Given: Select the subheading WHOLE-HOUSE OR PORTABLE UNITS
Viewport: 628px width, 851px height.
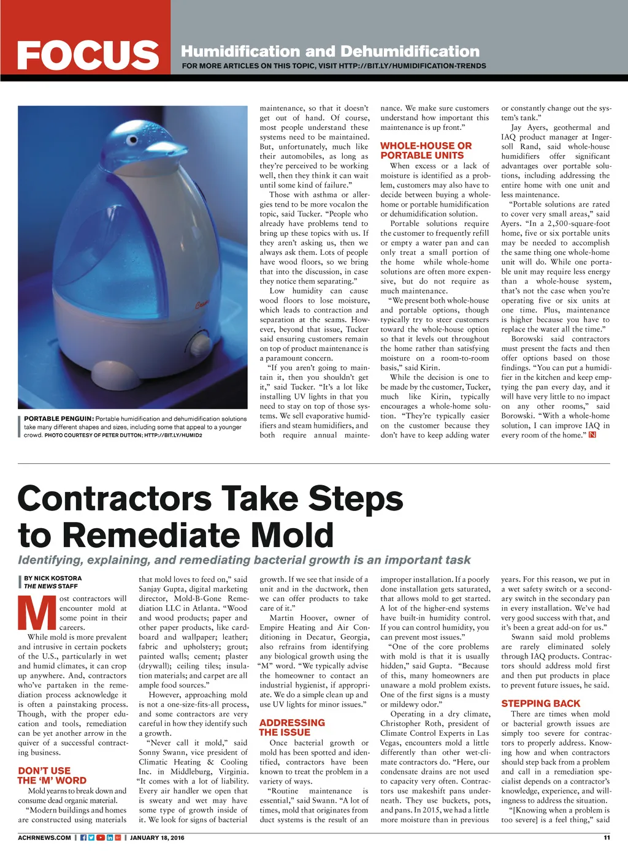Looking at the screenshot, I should (x=426, y=151).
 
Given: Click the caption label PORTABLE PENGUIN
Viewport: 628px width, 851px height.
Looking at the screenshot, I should (x=59, y=419).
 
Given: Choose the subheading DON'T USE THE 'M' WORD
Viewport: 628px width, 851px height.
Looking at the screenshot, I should (x=52, y=776).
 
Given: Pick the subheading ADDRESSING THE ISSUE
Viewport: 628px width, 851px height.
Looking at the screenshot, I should (x=292, y=727).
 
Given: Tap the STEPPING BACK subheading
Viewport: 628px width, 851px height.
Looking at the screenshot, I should (x=540, y=704).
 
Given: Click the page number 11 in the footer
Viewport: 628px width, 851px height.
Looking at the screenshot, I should (x=606, y=838).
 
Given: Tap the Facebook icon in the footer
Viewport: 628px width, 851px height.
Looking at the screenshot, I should (x=83, y=838).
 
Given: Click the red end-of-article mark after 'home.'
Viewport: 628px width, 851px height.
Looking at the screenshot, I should (x=592, y=436).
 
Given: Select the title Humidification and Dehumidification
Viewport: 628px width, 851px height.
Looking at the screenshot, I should (x=330, y=51).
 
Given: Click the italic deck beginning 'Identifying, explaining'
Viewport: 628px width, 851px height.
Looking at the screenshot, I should (x=244, y=560).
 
